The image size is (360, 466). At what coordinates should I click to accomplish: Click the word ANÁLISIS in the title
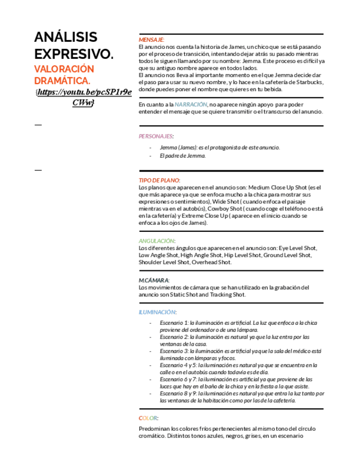pyautogui.click(x=65, y=37)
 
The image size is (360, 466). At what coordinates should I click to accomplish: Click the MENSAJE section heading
pyautogui.click(x=151, y=40)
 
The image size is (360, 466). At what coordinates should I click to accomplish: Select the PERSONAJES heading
pyautogui.click(x=156, y=136)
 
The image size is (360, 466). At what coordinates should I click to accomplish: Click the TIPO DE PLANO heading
pyautogui.click(x=159, y=180)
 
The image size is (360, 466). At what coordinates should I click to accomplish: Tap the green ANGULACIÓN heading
pyautogui.click(x=157, y=241)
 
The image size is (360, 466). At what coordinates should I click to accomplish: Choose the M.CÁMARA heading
pyautogui.click(x=154, y=280)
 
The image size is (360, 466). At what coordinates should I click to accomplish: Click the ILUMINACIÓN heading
pyautogui.click(x=157, y=312)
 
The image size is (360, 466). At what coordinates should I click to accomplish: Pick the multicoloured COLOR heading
pyautogui.click(x=148, y=418)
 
